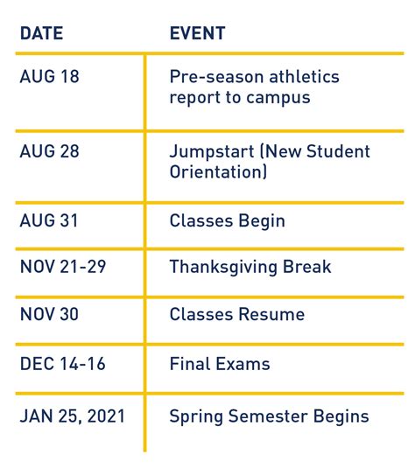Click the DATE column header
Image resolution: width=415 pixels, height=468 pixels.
[x=42, y=33]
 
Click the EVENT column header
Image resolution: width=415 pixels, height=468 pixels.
[x=197, y=33]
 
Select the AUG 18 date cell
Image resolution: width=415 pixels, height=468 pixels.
[x=49, y=77]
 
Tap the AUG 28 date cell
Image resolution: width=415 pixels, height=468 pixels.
[x=49, y=151]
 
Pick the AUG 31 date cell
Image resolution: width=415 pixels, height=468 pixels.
[x=49, y=220]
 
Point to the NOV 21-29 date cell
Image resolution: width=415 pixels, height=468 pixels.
[x=62, y=267]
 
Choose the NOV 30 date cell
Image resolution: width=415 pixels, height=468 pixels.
[x=50, y=314]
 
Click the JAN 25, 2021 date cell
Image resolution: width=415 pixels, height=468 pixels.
[x=72, y=416]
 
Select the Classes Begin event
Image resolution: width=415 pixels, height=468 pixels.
[x=227, y=220]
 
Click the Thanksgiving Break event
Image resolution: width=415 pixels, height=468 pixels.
[x=250, y=267]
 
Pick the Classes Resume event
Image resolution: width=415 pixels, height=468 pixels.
[x=236, y=314]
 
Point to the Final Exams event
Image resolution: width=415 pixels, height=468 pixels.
[x=219, y=364]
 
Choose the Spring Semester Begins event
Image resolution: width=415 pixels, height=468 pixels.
[x=269, y=416]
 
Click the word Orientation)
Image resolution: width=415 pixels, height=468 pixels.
[x=218, y=172]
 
